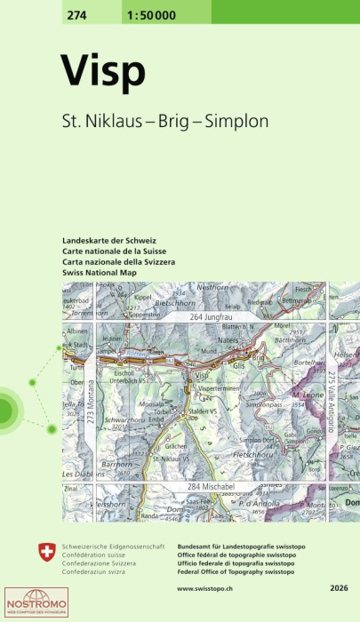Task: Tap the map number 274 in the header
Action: point(76,12)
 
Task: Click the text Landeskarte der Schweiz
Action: point(109,241)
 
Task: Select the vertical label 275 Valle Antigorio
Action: point(330,403)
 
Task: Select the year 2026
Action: point(339,588)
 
